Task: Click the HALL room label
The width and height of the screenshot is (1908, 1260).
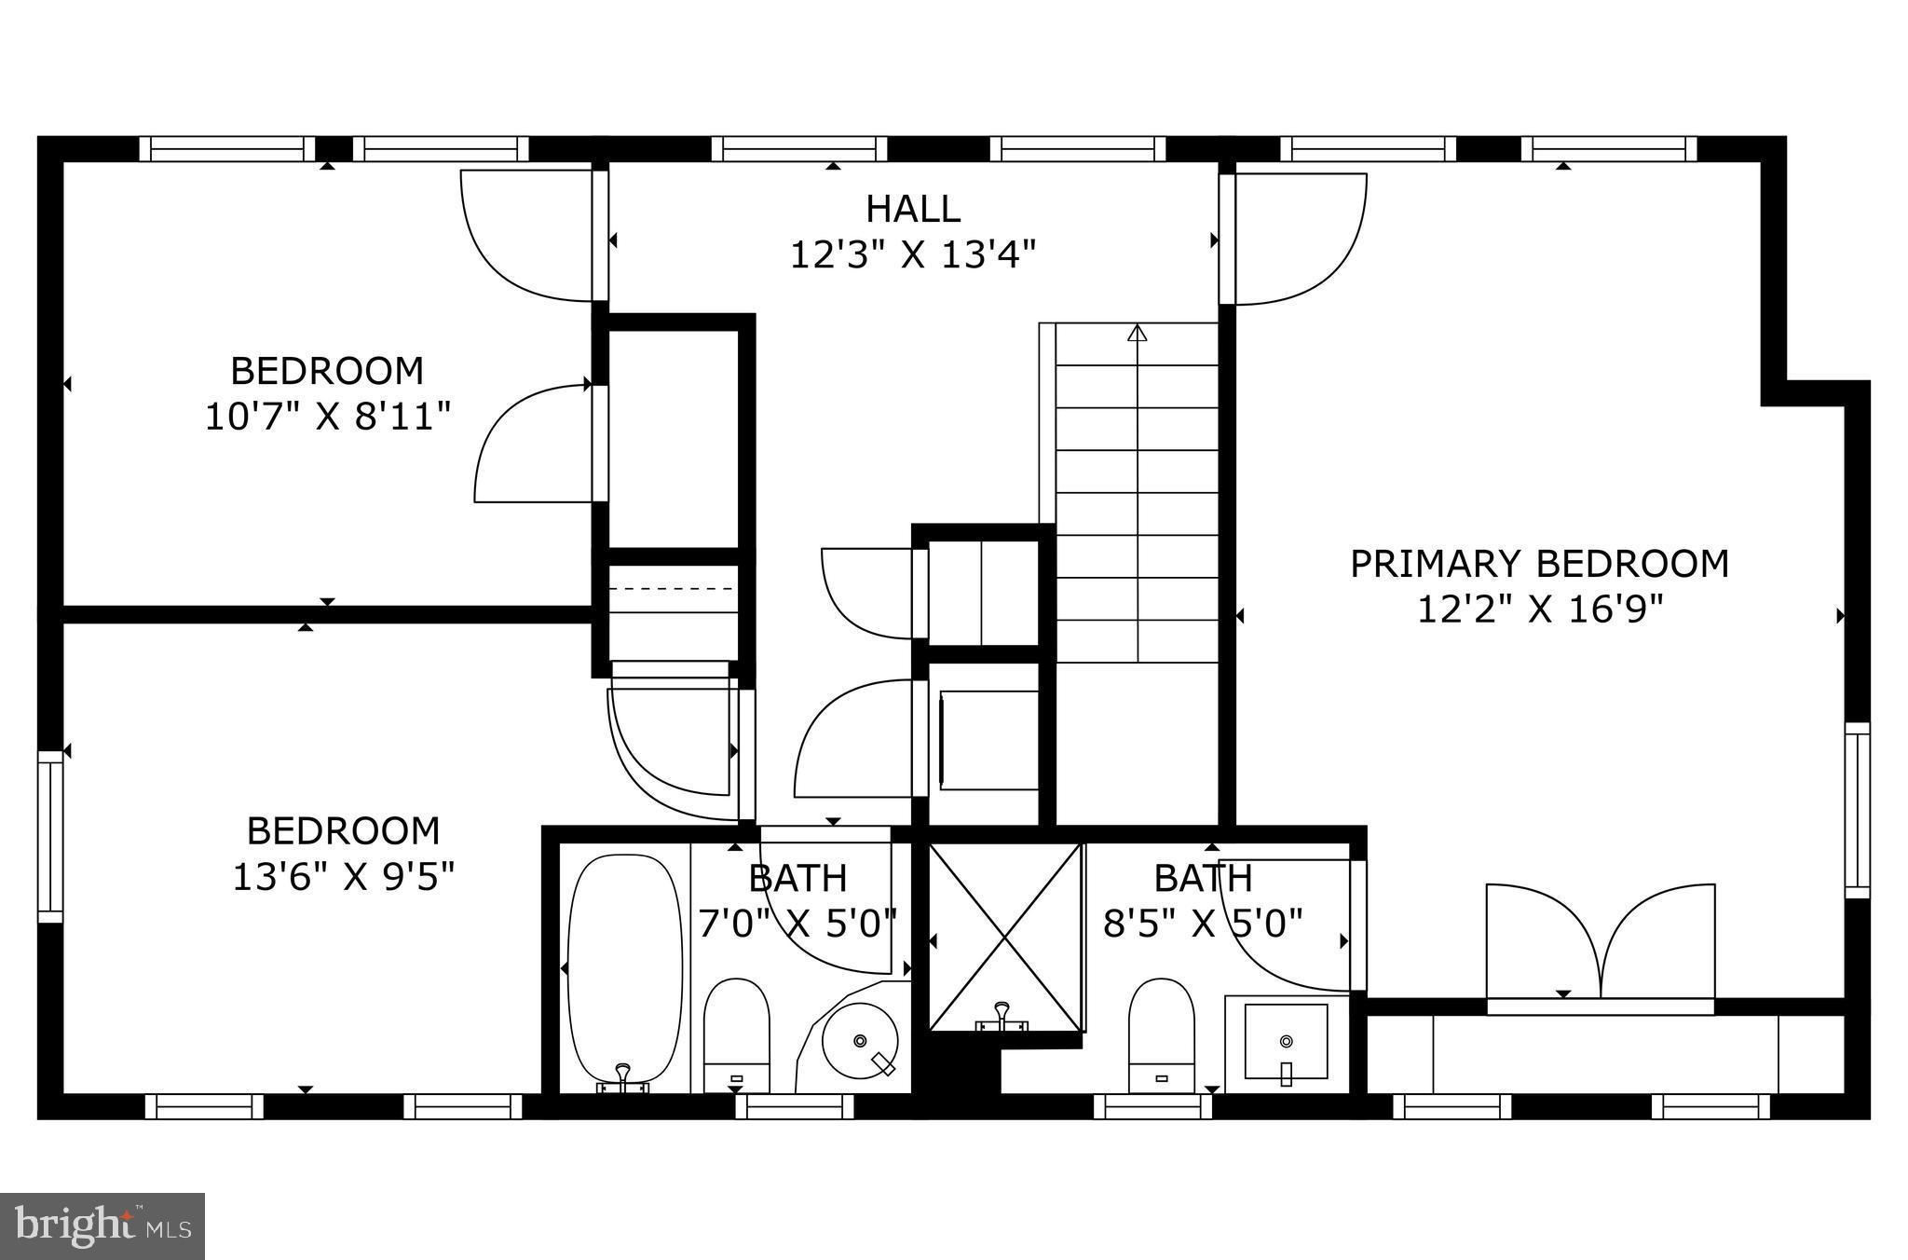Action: tap(912, 209)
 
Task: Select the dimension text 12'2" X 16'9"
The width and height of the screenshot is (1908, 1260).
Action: tap(1539, 609)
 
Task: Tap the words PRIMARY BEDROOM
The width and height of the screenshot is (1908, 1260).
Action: tap(1539, 564)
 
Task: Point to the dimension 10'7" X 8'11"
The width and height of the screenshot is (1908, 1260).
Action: tap(327, 416)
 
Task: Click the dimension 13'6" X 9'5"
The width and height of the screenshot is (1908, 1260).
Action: tap(342, 876)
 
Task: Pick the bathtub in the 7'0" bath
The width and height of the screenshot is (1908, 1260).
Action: tap(624, 969)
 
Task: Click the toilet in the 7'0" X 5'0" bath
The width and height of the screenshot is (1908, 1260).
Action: tap(736, 1034)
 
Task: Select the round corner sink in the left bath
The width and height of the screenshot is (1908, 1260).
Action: tap(861, 1039)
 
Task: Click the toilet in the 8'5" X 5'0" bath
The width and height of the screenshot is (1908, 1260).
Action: tap(1161, 1034)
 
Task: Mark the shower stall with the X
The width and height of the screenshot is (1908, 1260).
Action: tap(1005, 937)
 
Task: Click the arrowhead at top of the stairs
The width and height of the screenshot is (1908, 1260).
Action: tap(1137, 333)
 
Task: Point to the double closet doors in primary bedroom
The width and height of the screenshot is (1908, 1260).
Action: tap(1600, 941)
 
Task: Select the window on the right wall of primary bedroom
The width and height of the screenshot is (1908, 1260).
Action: tap(1857, 810)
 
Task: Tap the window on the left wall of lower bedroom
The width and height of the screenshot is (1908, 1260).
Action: tap(50, 836)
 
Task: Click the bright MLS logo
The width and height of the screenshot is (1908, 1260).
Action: tap(102, 1226)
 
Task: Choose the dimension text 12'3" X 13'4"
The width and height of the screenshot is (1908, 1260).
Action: tap(912, 253)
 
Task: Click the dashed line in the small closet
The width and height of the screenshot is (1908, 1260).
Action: tap(673, 589)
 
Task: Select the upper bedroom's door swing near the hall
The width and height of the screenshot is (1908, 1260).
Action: tap(527, 236)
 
